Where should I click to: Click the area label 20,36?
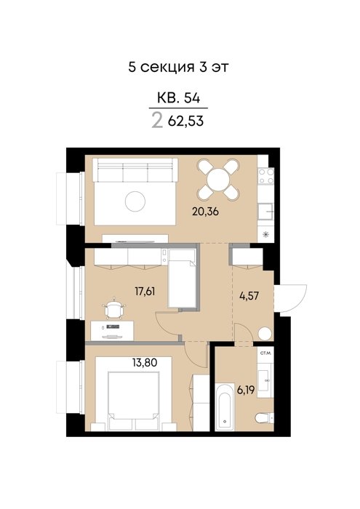coord(205,212)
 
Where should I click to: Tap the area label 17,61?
coord(145,291)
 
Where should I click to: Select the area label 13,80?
coord(145,362)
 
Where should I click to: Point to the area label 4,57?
coord(249,296)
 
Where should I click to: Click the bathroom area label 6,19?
coord(246,390)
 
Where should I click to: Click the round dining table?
coord(218,180)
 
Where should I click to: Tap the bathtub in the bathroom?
coord(224,406)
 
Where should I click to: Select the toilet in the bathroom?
coord(264,418)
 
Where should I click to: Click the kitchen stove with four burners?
coord(266,176)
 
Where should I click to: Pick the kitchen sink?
coord(265,212)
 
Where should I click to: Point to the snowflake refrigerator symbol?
coord(266,234)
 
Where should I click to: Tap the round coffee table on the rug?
coord(135,201)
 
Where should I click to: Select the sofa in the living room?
coord(135,169)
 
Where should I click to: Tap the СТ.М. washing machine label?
coord(265,352)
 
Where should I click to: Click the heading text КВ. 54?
coord(178,97)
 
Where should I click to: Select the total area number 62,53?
coord(185,121)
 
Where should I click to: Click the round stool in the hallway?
coord(265,333)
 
